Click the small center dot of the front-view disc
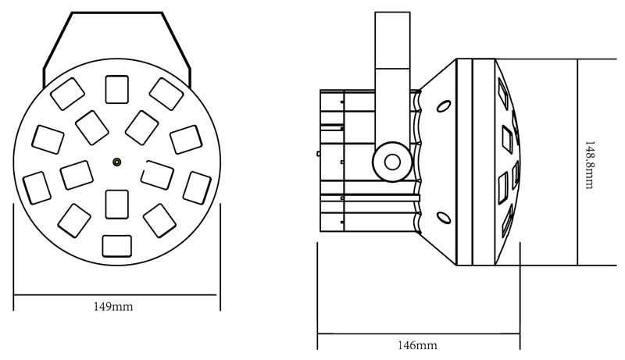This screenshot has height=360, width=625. click(x=116, y=162)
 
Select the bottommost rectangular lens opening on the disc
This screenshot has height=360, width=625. click(x=116, y=247)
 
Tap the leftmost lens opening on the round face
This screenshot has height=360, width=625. click(x=37, y=188)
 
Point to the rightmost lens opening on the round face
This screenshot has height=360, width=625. click(x=196, y=187)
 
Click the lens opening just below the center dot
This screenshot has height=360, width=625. click(x=116, y=204)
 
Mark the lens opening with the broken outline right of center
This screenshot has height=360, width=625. click(x=158, y=174)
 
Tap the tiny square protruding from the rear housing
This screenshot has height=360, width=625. click(x=318, y=154)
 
